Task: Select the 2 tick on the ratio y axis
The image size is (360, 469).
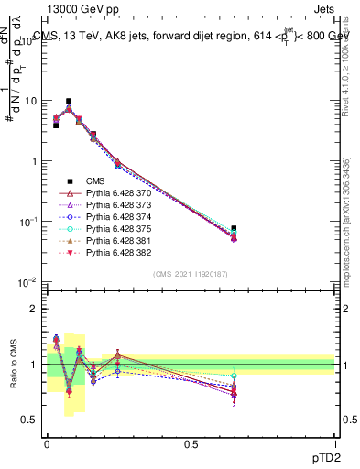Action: [37, 309]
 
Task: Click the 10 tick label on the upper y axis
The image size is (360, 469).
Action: [33, 101]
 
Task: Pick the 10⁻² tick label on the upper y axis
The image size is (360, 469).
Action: [31, 282]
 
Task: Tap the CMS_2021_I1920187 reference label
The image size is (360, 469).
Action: [191, 274]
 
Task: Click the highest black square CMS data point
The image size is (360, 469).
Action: [69, 102]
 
